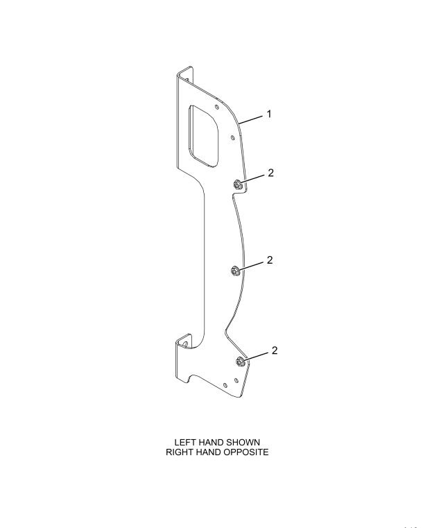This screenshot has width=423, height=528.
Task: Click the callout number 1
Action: point(269,114)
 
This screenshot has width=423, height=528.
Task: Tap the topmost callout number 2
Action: point(271,173)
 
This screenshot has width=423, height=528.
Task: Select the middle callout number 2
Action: point(270,260)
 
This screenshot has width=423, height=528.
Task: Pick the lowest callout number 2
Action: point(275,350)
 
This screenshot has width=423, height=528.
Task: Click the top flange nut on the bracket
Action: point(237,185)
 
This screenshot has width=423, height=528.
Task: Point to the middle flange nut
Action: point(235,271)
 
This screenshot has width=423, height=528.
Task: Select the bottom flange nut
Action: point(240,361)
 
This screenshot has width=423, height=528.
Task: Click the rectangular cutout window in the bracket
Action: point(203,136)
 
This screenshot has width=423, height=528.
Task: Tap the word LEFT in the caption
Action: point(182,442)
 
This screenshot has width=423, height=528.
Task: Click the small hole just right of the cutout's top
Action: point(217,107)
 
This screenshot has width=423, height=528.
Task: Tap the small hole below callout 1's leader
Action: point(232,137)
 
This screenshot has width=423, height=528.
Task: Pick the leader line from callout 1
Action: point(250,120)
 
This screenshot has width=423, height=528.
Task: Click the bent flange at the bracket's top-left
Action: point(185,75)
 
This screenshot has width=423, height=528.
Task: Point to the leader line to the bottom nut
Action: point(256,357)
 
